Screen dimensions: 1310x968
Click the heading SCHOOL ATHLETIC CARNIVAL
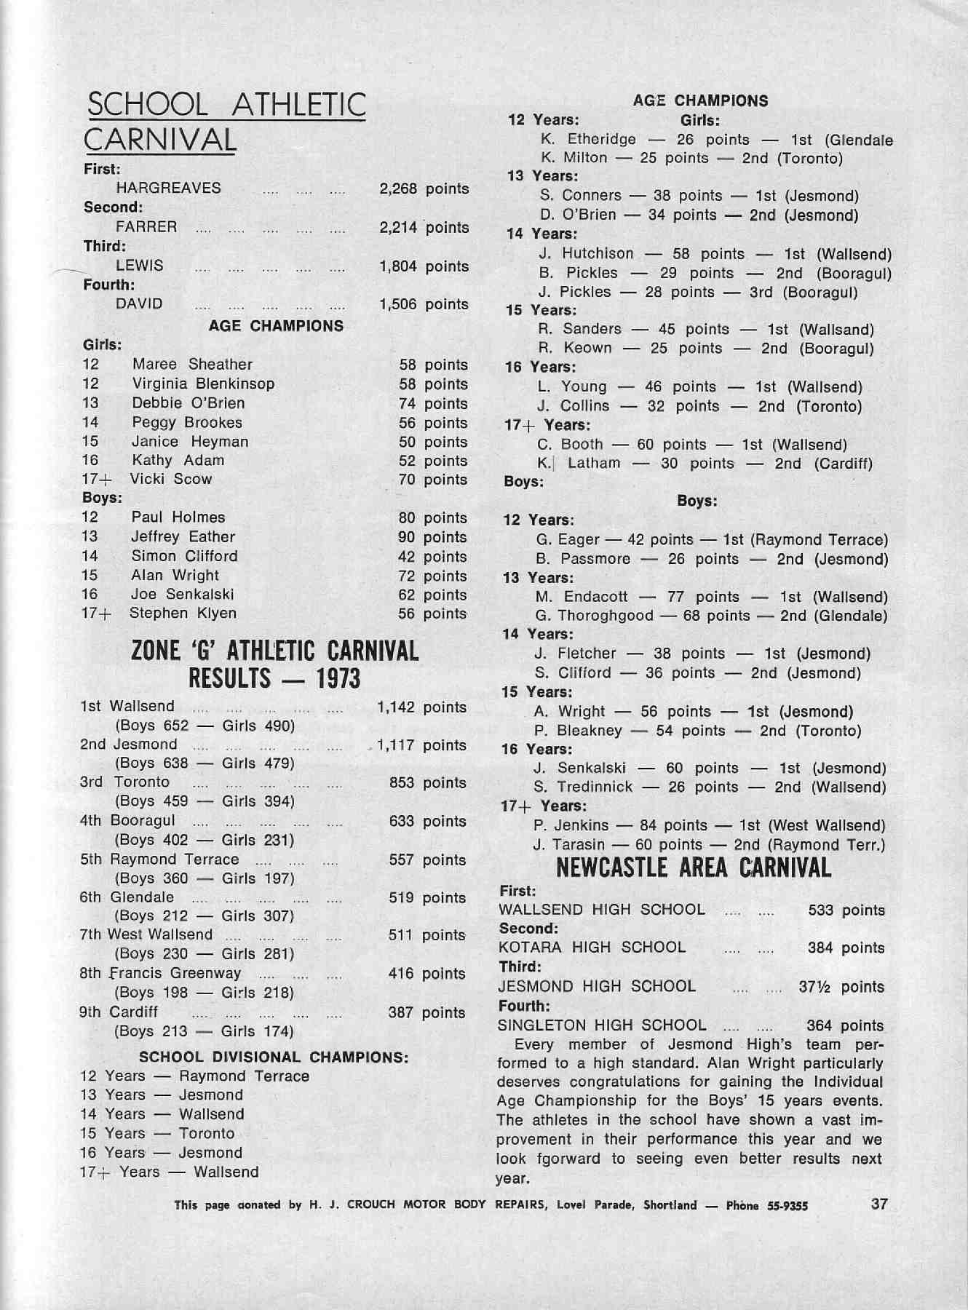pyautogui.click(x=225, y=122)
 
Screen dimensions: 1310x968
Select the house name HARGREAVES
pyautogui.click(x=168, y=188)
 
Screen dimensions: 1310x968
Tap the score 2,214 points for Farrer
pyautogui.click(x=424, y=227)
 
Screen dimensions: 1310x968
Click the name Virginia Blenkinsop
pyautogui.click(x=203, y=384)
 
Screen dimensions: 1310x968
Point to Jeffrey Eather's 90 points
pyautogui.click(x=432, y=537)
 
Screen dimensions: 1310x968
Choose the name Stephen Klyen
pyautogui.click(x=183, y=613)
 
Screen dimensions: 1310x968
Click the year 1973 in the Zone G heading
pyautogui.click(x=338, y=679)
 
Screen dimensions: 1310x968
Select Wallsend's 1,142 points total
pyautogui.click(x=421, y=707)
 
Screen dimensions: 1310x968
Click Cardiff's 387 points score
pyautogui.click(x=427, y=1012)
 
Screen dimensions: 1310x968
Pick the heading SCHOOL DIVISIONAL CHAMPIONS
pyautogui.click(x=273, y=1057)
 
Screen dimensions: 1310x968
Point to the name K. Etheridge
pyautogui.click(x=588, y=139)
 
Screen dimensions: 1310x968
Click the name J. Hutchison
pyautogui.click(x=586, y=253)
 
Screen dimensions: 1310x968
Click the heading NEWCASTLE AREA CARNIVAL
pyautogui.click(x=693, y=868)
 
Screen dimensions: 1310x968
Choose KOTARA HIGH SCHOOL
pyautogui.click(x=592, y=947)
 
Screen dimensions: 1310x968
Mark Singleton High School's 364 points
pyautogui.click(x=845, y=1025)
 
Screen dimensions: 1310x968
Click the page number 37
pyautogui.click(x=879, y=1203)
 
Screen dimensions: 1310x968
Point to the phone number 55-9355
pyautogui.click(x=788, y=1205)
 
